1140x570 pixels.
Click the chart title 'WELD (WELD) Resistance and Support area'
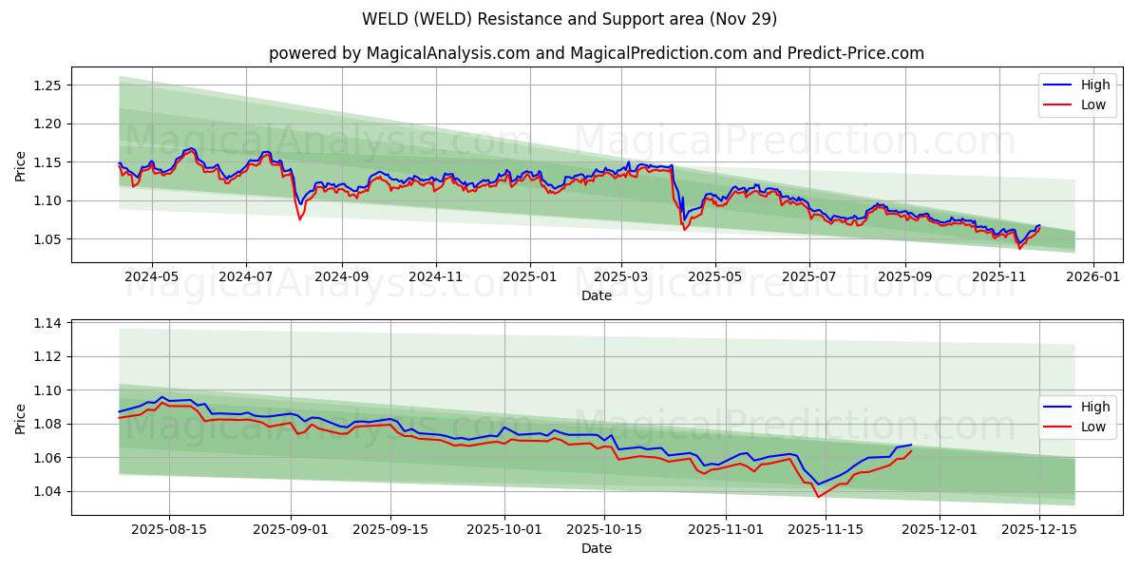point(569,19)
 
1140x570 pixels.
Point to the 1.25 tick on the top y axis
point(48,85)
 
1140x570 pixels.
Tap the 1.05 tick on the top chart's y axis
point(48,239)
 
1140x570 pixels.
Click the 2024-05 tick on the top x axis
point(152,277)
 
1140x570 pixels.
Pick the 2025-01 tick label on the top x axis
point(529,277)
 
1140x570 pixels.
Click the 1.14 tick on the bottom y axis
point(48,324)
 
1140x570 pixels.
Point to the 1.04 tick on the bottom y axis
point(48,492)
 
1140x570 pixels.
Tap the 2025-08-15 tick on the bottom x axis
point(169,529)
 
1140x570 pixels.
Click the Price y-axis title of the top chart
point(21,165)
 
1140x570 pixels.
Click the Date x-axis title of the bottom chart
point(596,548)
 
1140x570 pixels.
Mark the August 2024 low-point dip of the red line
point(300,219)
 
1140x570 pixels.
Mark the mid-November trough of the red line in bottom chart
point(818,497)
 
